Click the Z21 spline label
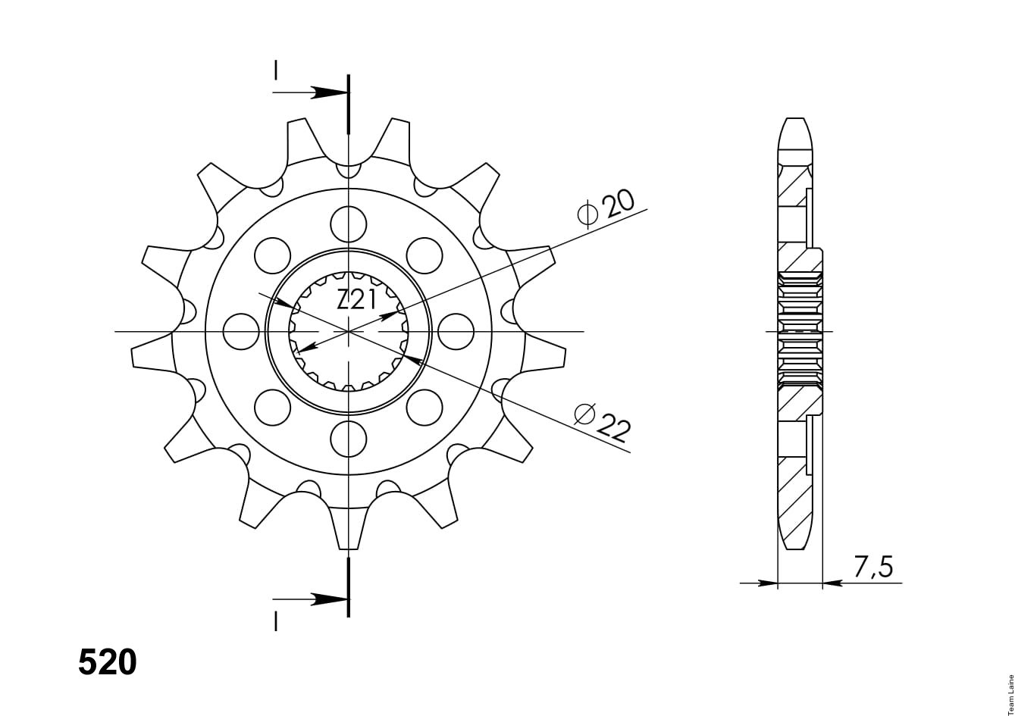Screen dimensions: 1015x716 tap(356, 300)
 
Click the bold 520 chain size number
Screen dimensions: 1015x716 tap(108, 662)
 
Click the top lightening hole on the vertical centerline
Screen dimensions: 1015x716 tap(349, 224)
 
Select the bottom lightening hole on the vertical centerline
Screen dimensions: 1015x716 tap(349, 439)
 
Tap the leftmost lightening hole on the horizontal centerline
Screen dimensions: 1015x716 tap(242, 332)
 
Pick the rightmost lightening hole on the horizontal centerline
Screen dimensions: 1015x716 tap(456, 332)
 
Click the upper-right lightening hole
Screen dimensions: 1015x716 tap(424, 255)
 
